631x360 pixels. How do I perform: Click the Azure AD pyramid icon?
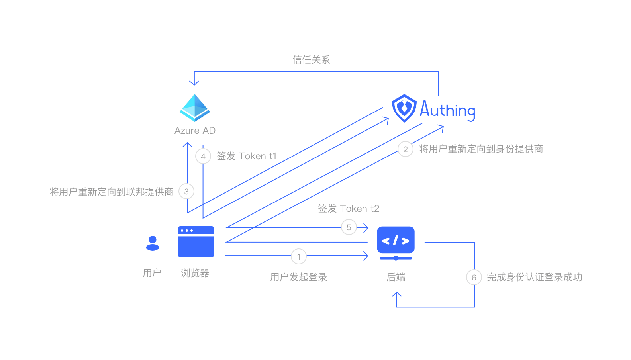(195, 108)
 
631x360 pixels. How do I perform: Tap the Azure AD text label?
(195, 131)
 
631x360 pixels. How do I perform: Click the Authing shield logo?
(404, 108)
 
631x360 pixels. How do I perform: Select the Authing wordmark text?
(447, 110)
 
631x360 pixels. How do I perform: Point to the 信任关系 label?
(311, 60)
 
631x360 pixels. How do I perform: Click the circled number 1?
(299, 257)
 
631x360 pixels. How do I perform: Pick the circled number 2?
(406, 149)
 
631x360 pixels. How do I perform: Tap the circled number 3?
(186, 192)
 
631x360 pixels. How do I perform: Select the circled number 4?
(203, 157)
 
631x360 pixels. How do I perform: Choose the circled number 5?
(349, 227)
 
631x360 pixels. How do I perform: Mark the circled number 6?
(474, 278)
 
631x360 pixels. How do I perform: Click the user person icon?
(153, 243)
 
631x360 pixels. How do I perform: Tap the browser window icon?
(196, 242)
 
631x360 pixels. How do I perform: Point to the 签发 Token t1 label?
(247, 156)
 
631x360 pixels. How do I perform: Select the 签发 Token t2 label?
(349, 209)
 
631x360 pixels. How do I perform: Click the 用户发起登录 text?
(299, 277)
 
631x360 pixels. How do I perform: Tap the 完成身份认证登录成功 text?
(534, 277)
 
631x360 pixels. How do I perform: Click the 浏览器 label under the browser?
(195, 273)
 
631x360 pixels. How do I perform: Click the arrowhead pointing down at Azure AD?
(194, 83)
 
